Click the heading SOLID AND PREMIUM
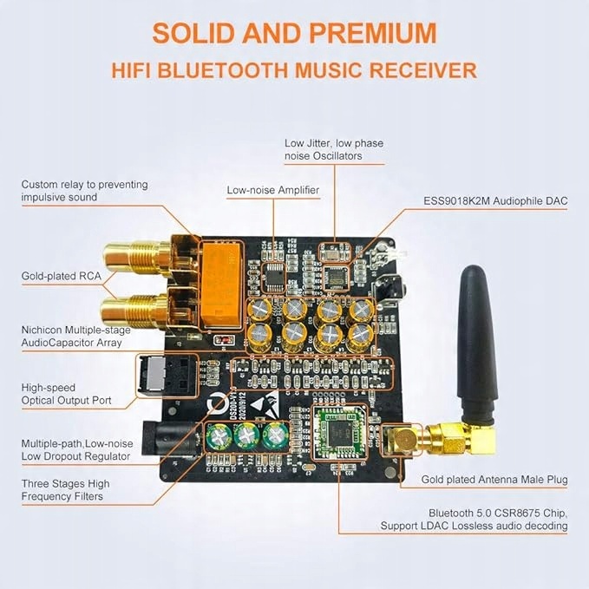(294, 34)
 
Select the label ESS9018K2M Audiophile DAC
(495, 201)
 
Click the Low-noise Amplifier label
(273, 189)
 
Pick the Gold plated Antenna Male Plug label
(494, 479)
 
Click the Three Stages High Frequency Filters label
(65, 490)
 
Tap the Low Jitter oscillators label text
(334, 149)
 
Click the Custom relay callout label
(84, 191)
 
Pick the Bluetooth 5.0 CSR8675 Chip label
(474, 519)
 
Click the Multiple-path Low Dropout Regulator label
(75, 449)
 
